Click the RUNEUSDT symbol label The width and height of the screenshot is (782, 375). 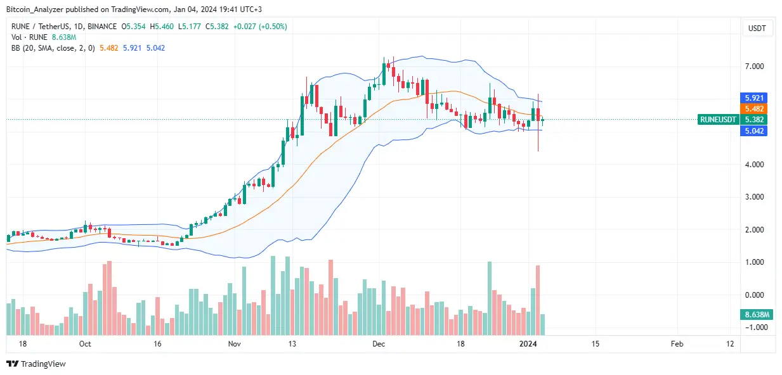coord(718,120)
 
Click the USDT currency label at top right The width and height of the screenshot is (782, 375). coord(757,28)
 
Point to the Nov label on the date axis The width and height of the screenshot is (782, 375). coord(235,344)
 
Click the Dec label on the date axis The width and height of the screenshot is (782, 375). coord(379,344)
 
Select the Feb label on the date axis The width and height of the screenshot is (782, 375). coord(677,344)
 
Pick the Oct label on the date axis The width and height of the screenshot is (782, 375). coord(86,344)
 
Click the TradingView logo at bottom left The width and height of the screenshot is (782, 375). coord(36,364)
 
